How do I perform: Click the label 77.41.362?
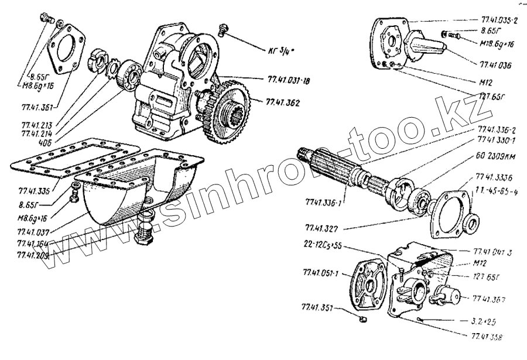[x=283, y=102]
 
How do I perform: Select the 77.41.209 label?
[x=33, y=255]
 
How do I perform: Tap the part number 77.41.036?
[x=495, y=65]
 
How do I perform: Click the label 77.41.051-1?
[x=321, y=273]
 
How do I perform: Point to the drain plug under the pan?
[x=145, y=234]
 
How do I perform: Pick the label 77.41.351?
[x=319, y=307]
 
